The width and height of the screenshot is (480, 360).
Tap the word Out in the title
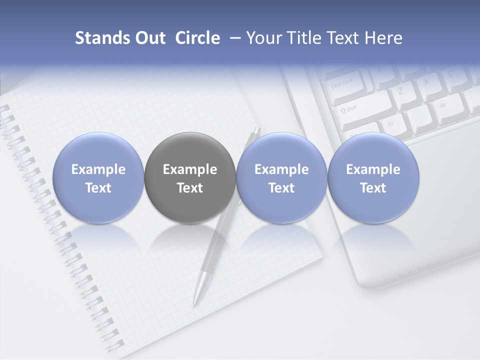pos(149,38)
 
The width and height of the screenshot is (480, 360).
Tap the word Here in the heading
pos(383,38)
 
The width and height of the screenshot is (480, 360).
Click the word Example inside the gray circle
pos(190,169)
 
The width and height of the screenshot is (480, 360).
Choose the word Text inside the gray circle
pos(190,188)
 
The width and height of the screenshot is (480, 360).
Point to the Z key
pos(400,91)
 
